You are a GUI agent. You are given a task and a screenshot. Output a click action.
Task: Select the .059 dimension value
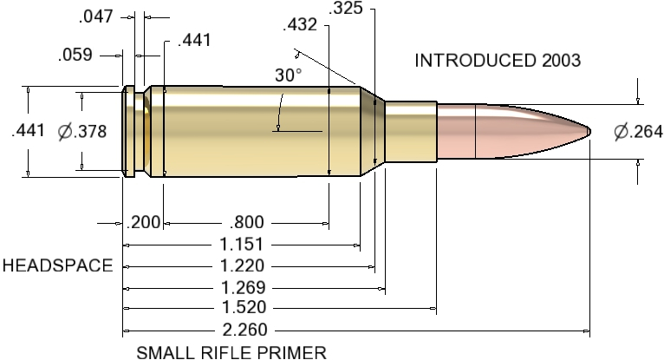pyautogui.click(x=75, y=56)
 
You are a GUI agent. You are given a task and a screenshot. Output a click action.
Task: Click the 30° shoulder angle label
pyautogui.click(x=289, y=75)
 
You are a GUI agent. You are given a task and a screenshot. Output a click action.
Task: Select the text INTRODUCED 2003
pyautogui.click(x=497, y=61)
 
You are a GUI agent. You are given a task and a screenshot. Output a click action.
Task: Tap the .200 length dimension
pyautogui.click(x=143, y=222)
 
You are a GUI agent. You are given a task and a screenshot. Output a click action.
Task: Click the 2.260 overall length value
pyautogui.click(x=244, y=330)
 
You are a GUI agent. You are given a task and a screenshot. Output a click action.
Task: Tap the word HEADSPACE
pyautogui.click(x=57, y=265)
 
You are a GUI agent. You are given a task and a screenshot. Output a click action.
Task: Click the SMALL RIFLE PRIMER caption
pyautogui.click(x=231, y=352)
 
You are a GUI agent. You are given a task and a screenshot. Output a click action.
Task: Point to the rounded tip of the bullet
pyautogui.click(x=589, y=132)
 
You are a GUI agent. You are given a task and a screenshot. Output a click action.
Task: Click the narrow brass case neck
pyautogui.click(x=409, y=132)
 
